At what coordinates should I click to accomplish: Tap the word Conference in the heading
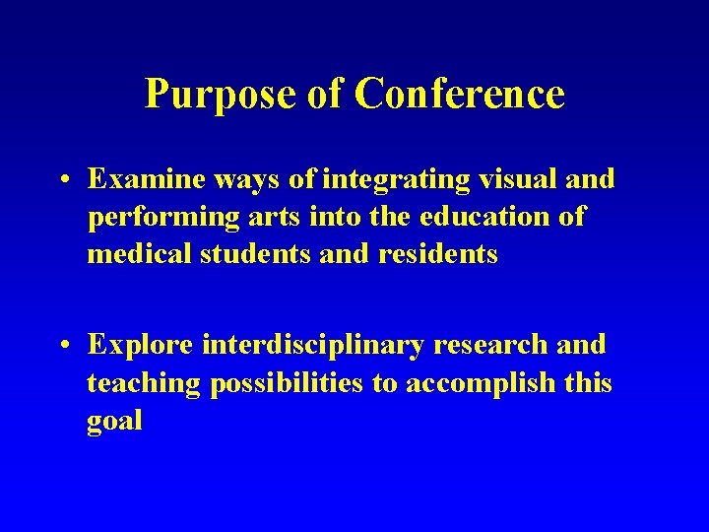pyautogui.click(x=460, y=95)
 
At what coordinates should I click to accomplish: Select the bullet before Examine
pyautogui.click(x=63, y=180)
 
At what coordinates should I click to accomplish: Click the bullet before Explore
pyautogui.click(x=63, y=346)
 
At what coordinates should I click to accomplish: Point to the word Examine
pyautogui.click(x=145, y=179)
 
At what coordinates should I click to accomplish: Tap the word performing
pyautogui.click(x=161, y=218)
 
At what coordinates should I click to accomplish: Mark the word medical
pyautogui.click(x=140, y=254)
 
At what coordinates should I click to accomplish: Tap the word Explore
pyautogui.click(x=141, y=346)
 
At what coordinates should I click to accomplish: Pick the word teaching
pyautogui.click(x=145, y=383)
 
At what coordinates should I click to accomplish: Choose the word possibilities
pyautogui.click(x=288, y=383)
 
